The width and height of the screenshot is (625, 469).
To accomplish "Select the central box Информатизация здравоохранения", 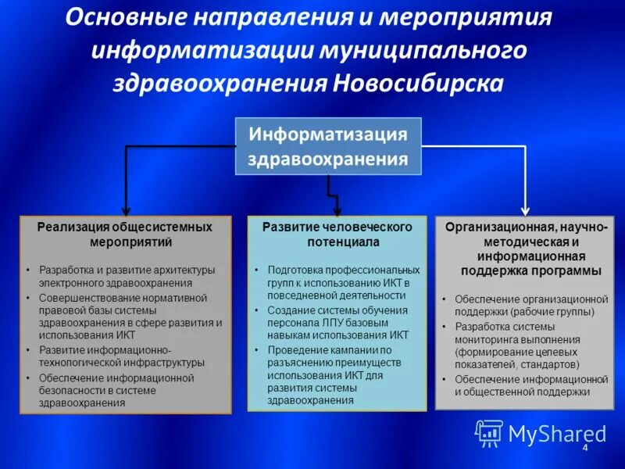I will pos(328,146).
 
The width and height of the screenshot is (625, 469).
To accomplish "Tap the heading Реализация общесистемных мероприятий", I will pos(125,234).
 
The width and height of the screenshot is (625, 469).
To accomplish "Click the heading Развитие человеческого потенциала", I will pos(337,234).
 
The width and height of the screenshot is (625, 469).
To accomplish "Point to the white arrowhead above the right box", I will pos(525,209).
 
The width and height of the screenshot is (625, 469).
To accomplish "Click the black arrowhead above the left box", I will pos(125,209).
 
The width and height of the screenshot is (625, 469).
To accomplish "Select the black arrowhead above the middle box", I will pos(337,209).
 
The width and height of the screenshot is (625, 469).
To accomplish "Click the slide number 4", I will pos(584,447).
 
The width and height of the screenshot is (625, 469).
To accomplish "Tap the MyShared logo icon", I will pos(489,432).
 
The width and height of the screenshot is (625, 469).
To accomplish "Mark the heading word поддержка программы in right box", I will pos(530,271).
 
